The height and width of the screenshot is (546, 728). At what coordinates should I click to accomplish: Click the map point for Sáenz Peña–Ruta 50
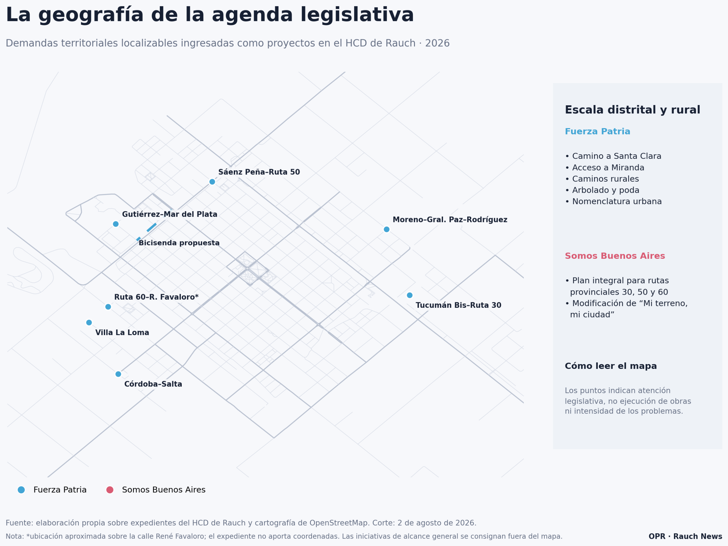212,182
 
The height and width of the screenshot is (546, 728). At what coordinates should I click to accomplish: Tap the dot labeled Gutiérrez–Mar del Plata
116,224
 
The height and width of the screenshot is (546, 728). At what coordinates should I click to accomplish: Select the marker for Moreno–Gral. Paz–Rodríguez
387,229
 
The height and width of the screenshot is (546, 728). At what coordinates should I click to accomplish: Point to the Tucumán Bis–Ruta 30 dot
410,295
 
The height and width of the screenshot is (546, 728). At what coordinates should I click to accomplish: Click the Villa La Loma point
89,323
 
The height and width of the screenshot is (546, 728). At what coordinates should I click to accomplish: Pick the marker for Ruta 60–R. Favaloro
108,307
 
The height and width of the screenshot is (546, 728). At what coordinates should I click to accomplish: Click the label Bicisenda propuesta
179,243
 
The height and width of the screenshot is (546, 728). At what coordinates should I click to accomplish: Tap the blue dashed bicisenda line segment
146,232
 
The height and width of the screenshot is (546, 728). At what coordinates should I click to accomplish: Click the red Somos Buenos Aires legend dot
110,490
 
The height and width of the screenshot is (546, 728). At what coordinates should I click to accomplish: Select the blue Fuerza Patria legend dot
21,490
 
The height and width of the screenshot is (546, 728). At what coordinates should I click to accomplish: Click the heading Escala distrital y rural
632,110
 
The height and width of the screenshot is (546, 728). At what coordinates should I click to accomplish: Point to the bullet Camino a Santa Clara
613,156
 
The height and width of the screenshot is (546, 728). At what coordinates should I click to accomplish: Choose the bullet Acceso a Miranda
605,168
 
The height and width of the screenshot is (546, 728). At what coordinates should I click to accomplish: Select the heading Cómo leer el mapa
611,366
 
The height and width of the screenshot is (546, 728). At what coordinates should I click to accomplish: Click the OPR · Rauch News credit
685,536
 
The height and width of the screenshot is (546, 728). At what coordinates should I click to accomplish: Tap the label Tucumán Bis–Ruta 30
458,305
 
